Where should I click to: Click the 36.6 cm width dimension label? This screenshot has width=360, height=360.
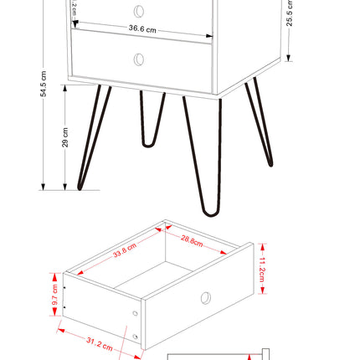coord(142,28)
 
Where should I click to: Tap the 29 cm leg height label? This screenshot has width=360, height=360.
coord(66,138)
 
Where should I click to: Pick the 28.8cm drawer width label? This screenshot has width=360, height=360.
coord(192,241)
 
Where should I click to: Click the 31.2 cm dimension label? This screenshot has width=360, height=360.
coord(100,342)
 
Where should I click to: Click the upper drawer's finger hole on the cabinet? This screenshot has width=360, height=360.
coord(139,11)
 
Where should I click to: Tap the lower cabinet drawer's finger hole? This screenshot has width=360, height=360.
coord(139,59)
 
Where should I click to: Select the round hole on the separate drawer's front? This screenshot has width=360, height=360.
coord(205,298)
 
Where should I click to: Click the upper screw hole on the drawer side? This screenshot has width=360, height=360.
coord(136,313)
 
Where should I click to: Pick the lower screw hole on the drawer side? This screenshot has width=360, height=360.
coord(136,336)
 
